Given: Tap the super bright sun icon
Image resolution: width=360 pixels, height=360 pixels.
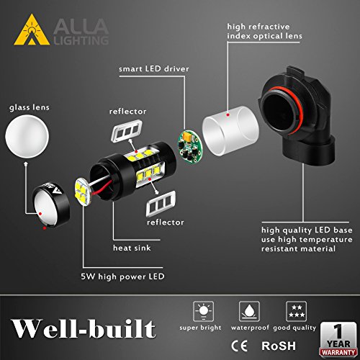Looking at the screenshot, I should (204, 311).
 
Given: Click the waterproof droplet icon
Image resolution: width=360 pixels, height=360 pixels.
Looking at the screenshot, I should (247, 311).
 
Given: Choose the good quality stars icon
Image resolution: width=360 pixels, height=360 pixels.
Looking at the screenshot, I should (294, 311).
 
